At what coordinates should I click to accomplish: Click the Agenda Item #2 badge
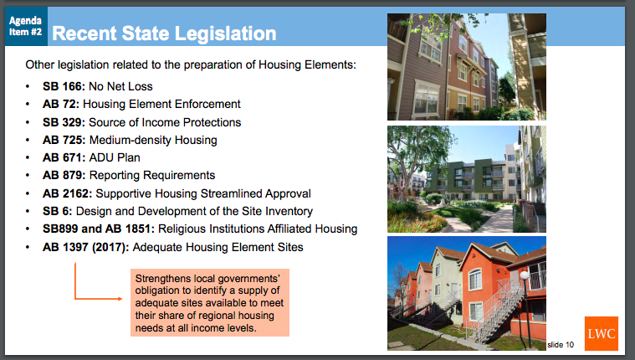(26, 26)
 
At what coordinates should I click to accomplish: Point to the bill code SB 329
(64, 122)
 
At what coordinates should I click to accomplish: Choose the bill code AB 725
(64, 141)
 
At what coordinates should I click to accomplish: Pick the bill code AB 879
(64, 175)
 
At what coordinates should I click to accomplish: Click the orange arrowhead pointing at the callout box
(120, 299)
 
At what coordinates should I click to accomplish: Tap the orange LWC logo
(602, 334)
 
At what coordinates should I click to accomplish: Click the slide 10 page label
(561, 345)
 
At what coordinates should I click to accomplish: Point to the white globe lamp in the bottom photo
(525, 275)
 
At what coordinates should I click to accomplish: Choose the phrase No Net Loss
(120, 86)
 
